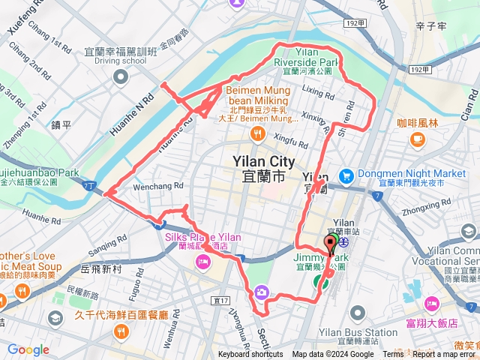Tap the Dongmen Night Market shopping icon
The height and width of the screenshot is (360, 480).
(x=346, y=175)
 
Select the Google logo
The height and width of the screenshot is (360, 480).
(x=28, y=349)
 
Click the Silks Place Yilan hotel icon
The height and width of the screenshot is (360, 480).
(x=202, y=261)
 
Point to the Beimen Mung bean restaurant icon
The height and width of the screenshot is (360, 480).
(x=257, y=134)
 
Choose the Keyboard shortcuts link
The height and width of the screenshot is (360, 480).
(x=251, y=355)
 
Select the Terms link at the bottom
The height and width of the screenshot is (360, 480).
(x=393, y=355)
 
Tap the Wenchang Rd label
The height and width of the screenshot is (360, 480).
(x=157, y=186)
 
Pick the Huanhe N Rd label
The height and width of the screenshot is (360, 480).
(x=138, y=108)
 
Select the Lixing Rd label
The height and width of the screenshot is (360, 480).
(x=318, y=91)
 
